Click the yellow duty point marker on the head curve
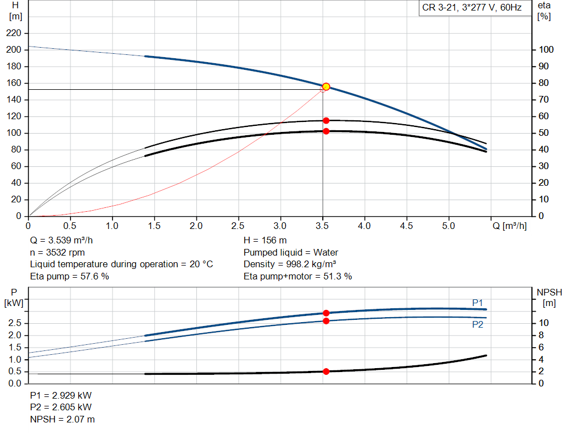tap(326, 86)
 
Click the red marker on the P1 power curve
tap(326, 313)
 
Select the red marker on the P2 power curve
tap(326, 321)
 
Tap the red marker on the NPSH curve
tap(326, 371)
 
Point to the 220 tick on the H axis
tap(14, 33)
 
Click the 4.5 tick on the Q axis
tap(407, 226)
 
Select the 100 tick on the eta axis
tap(546, 50)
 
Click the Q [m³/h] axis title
tap(510, 226)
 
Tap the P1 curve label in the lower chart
tap(478, 302)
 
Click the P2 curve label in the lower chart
tap(478, 325)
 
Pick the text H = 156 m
tap(265, 241)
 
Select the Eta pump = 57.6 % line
tap(69, 276)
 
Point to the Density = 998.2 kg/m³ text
tap(290, 264)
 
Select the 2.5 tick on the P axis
tap(16, 323)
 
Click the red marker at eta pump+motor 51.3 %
tap(326, 131)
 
